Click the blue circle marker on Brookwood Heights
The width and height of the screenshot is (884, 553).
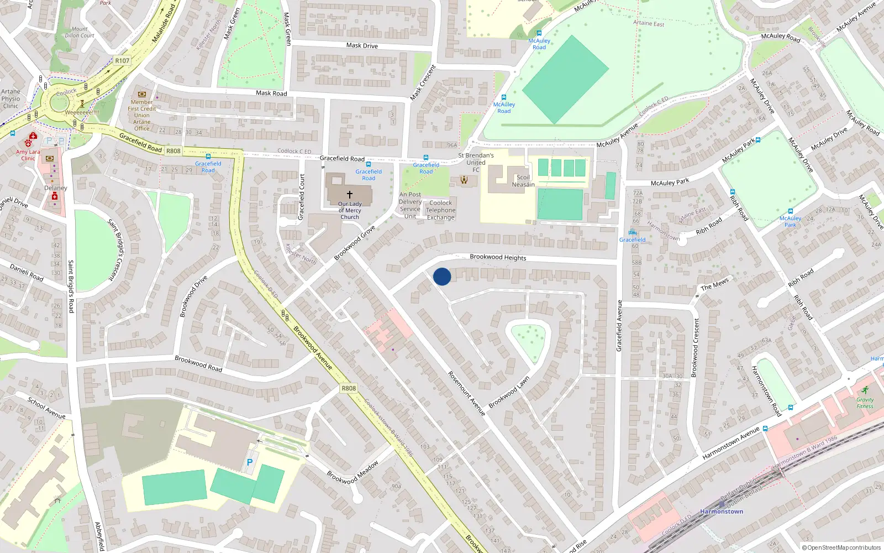pos(442,276)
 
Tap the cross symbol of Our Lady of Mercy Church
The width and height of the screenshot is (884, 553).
pos(349,195)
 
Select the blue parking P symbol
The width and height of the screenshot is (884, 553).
pos(250,462)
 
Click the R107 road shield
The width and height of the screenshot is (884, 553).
pos(122,61)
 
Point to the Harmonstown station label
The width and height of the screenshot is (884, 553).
pos(721,512)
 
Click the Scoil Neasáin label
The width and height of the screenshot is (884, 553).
pos(523,181)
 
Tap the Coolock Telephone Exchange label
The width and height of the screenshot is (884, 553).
pos(440,210)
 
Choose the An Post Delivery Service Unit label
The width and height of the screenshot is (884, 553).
pos(410,205)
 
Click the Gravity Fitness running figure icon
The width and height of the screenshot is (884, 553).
pos(865,390)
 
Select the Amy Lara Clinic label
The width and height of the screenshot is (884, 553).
pos(28,155)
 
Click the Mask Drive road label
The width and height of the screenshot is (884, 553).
pos(362,45)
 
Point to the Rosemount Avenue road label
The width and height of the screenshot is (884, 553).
pos(466,393)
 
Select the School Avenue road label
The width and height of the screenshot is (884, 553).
pos(46,408)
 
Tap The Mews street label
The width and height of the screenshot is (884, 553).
pos(714,284)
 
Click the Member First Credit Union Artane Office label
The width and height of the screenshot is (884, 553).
pos(142,115)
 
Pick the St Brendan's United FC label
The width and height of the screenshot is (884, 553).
pos(476,163)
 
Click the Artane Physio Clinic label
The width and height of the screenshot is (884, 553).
pos(10,99)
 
